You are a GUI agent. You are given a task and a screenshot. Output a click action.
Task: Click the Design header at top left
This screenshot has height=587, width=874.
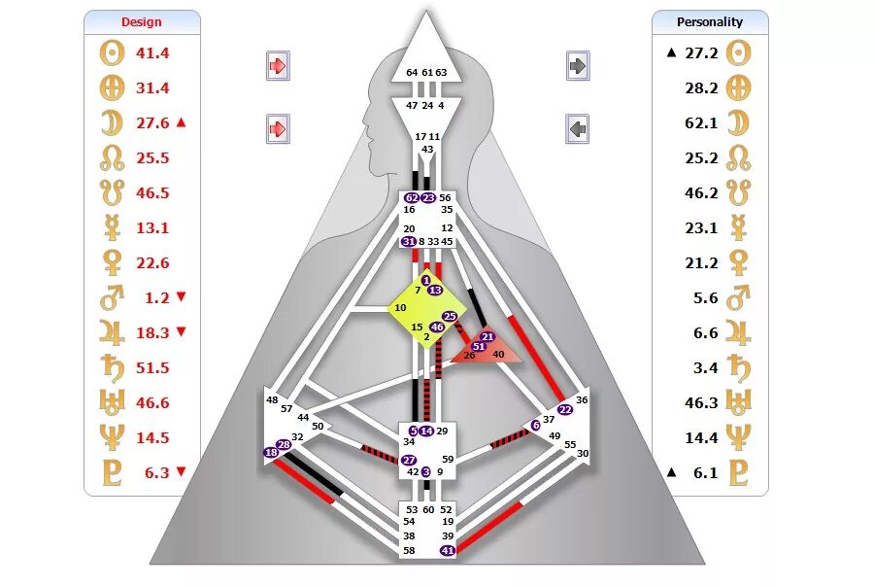142,21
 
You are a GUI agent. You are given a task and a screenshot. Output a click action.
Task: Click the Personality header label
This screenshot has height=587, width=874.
710,21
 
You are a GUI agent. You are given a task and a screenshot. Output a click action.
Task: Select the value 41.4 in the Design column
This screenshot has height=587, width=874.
152,52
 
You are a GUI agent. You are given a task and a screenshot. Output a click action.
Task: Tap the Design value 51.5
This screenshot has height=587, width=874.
152,367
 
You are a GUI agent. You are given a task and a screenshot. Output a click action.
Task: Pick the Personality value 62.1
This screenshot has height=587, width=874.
700,122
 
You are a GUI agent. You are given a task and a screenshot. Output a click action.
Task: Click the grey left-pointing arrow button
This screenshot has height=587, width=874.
578,127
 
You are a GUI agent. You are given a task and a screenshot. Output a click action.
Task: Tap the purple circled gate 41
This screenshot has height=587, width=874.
448,550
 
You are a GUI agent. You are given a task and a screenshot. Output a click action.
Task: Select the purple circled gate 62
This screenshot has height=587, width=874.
412,197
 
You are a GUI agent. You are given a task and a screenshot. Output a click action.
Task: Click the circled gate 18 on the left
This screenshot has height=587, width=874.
271,453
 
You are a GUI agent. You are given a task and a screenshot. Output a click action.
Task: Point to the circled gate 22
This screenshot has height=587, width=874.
565,409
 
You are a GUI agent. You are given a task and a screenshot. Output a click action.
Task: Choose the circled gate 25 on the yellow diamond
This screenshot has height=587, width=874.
450,317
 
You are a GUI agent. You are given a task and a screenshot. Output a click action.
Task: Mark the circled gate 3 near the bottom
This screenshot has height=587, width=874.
425,471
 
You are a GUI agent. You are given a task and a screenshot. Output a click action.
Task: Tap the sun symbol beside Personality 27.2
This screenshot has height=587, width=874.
740,52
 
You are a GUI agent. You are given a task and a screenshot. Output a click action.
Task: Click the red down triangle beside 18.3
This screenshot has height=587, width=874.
181,332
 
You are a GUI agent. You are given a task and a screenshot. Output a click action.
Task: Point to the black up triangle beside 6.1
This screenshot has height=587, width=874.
670,472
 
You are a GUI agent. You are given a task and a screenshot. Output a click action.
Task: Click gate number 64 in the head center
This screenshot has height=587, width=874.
412,73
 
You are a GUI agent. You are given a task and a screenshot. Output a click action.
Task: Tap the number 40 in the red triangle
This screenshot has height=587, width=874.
498,355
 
